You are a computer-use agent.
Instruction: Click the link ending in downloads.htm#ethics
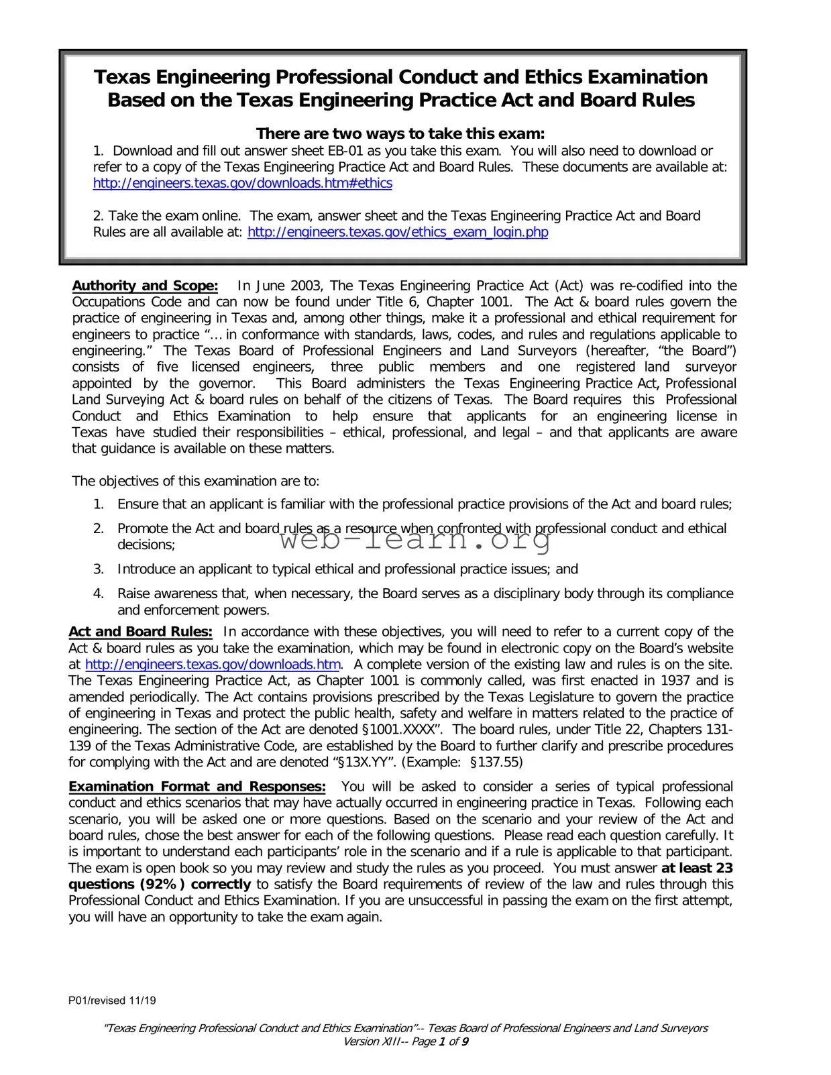242,183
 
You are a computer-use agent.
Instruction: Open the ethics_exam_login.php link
398,232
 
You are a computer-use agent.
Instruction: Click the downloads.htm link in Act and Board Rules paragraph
213,665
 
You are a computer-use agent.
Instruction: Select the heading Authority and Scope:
145,286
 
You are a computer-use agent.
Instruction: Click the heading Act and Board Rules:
140,632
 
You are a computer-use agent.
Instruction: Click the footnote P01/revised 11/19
112,1001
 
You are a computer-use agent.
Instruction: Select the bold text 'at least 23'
697,868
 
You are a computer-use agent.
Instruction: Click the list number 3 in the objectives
99,569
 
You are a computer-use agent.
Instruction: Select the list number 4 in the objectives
99,593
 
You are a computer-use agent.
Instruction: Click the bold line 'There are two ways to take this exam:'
400,133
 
